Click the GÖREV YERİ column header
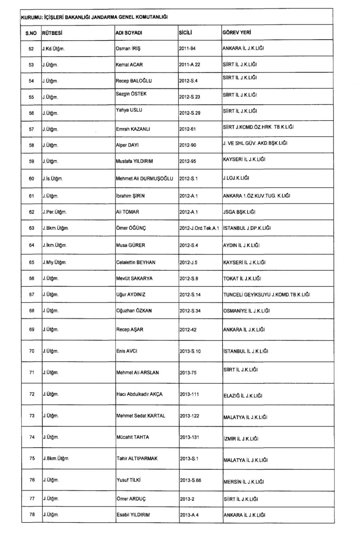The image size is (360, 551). click(237, 32)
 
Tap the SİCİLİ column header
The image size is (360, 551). click(185, 32)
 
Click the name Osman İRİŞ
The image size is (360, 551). click(128, 49)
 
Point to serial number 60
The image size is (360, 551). click(31, 179)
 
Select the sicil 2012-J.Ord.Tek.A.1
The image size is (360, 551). click(199, 228)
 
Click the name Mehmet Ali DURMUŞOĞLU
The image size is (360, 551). click(144, 179)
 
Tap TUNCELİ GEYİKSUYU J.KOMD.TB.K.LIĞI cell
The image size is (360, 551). click(266, 294)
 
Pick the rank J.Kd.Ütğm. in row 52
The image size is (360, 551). click(53, 49)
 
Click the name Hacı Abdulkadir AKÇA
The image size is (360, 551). click(139, 394)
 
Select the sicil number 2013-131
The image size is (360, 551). click(189, 437)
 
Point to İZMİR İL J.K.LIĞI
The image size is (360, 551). click(241, 439)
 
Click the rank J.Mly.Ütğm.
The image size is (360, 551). click(54, 262)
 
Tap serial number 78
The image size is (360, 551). click(32, 515)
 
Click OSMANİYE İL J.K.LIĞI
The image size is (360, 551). click(246, 311)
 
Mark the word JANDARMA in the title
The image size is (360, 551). click(104, 17)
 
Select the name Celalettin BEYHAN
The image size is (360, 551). click(136, 262)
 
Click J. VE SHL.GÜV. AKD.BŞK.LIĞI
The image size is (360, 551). click(255, 143)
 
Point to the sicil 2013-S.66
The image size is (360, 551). click(190, 480)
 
